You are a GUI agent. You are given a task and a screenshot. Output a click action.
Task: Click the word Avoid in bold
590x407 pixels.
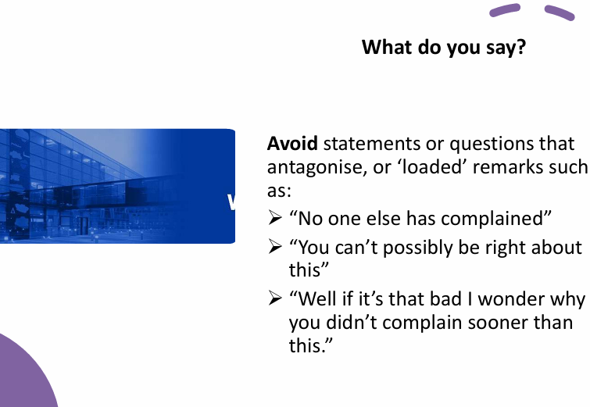(292, 145)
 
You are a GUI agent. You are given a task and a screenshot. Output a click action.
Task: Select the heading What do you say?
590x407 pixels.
(443, 47)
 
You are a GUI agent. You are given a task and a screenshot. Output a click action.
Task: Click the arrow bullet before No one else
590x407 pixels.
(275, 219)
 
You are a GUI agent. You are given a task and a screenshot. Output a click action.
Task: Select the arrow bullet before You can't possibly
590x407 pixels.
(275, 248)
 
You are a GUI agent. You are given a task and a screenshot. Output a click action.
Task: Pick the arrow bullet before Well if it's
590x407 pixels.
(275, 299)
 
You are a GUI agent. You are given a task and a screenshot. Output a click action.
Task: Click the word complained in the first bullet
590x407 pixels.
(508, 219)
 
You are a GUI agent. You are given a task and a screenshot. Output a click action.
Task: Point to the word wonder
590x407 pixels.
(517, 299)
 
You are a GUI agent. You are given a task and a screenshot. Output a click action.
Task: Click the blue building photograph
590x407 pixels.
(117, 186)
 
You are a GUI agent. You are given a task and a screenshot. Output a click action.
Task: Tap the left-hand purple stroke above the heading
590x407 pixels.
(505, 10)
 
